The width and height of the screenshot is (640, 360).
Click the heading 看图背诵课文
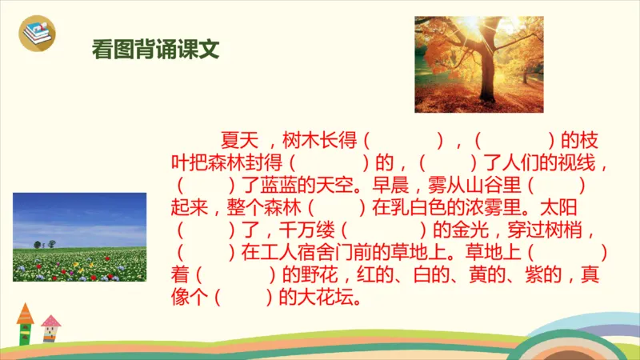click(156, 49)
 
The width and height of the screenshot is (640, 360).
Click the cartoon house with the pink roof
click(50, 329)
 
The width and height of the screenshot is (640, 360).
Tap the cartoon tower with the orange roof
click(26, 324)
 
